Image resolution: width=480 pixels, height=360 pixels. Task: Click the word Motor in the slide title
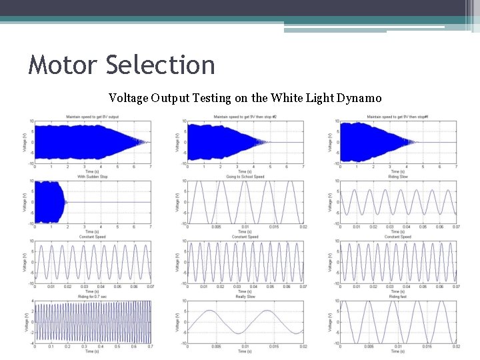click(x=63, y=66)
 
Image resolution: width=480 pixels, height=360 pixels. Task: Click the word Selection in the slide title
click(x=161, y=66)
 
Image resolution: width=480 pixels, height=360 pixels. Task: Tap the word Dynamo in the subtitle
click(x=359, y=99)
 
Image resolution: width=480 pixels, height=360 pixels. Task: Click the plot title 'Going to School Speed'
click(x=245, y=177)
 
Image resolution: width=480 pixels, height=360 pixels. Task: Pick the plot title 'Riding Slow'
click(x=397, y=177)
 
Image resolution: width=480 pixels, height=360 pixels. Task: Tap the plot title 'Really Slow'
click(x=245, y=297)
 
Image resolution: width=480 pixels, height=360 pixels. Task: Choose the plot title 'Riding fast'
click(x=397, y=297)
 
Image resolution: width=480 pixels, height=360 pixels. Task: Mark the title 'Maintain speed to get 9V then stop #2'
click(x=245, y=117)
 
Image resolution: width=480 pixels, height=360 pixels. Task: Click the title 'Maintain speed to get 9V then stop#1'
click(x=397, y=117)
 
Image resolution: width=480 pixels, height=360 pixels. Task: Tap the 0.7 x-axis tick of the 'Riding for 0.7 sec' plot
click(x=150, y=347)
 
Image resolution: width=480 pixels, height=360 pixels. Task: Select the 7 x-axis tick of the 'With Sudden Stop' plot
click(x=151, y=227)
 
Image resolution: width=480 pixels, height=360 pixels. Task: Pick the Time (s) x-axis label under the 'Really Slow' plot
click(x=245, y=351)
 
